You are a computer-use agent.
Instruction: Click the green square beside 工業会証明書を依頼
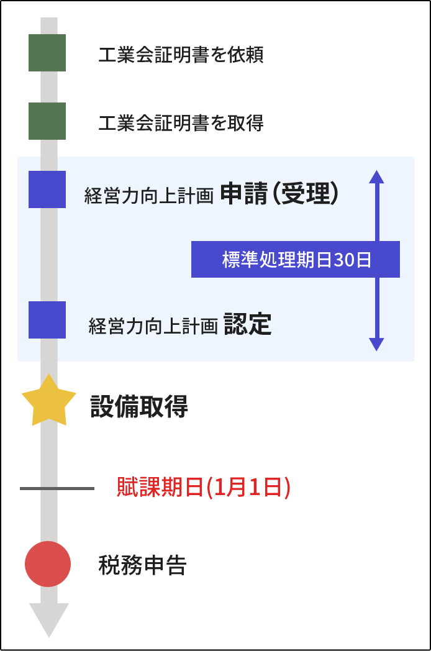pyautogui.click(x=47, y=53)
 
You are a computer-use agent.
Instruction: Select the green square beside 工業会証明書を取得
pyautogui.click(x=47, y=121)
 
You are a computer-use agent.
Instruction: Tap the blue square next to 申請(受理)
pyautogui.click(x=47, y=189)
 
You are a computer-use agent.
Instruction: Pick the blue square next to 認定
pyautogui.click(x=47, y=320)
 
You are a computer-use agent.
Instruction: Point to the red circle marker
pyautogui.click(x=48, y=564)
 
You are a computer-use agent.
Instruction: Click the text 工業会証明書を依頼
pyautogui.click(x=181, y=55)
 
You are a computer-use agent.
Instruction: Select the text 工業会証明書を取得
pyautogui.click(x=181, y=123)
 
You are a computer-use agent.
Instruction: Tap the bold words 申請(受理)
pyautogui.click(x=279, y=194)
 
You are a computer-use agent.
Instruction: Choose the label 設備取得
pyautogui.click(x=139, y=407)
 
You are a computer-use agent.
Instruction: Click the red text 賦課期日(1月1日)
pyautogui.click(x=204, y=488)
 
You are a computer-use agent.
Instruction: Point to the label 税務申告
pyautogui.click(x=142, y=565)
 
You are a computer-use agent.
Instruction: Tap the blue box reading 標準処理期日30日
pyautogui.click(x=296, y=259)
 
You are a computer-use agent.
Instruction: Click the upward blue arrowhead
pyautogui.click(x=376, y=176)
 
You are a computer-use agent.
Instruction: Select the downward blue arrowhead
pyautogui.click(x=376, y=344)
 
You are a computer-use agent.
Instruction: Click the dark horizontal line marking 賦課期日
pyautogui.click(x=57, y=488)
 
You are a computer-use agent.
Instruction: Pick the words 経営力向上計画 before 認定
pyautogui.click(x=153, y=326)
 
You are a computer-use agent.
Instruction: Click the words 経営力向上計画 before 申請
pyautogui.click(x=149, y=196)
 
